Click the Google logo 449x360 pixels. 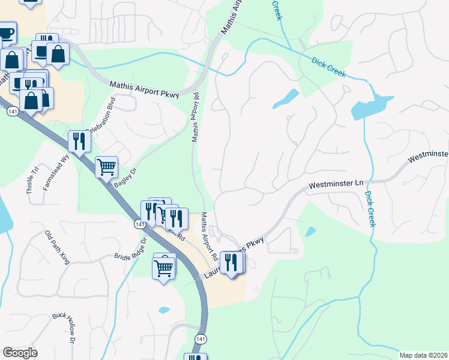20,353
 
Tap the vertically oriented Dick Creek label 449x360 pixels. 370,209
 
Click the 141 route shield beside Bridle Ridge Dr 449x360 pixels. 139,224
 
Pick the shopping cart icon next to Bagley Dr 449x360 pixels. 106,167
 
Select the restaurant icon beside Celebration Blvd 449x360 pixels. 79,142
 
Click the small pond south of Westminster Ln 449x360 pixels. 310,231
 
